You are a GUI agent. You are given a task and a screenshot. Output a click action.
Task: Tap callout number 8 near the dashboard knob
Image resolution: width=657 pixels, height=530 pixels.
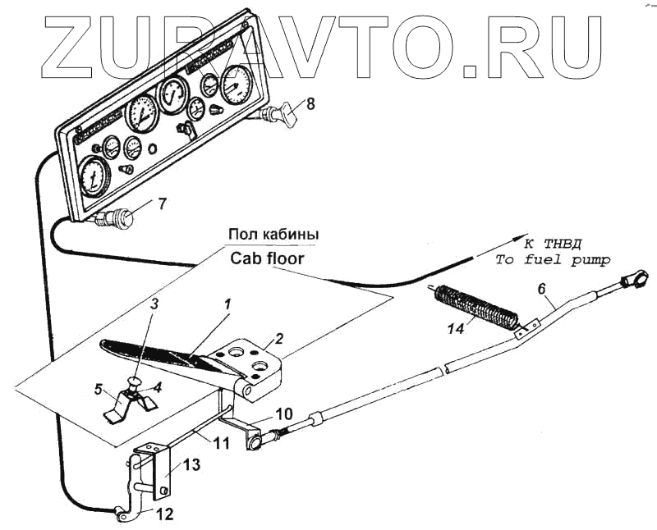pyautogui.click(x=310, y=104)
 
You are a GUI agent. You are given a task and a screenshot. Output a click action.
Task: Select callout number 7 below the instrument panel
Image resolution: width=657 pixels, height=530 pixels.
pyautogui.click(x=162, y=202)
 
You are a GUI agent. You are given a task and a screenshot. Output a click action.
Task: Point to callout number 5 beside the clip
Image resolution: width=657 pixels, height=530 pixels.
pyautogui.click(x=99, y=389)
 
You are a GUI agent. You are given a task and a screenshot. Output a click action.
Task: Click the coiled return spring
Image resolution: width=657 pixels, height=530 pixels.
pyautogui.click(x=475, y=304)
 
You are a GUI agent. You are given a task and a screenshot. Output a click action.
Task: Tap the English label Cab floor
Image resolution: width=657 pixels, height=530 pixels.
pyautogui.click(x=266, y=257)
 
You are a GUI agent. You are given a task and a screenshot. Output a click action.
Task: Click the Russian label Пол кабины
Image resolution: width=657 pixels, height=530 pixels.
pyautogui.click(x=272, y=235)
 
